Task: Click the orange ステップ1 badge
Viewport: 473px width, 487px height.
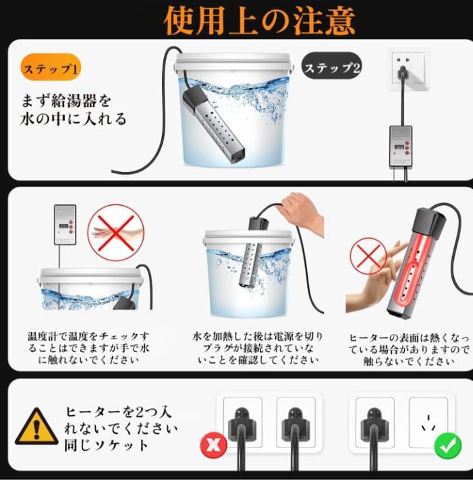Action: tap(51, 67)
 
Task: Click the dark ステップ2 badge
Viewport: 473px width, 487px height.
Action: tap(332, 66)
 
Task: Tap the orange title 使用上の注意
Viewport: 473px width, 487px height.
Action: tap(259, 20)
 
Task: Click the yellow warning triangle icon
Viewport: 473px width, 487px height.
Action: tap(36, 426)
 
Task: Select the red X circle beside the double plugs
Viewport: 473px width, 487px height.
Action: tap(214, 445)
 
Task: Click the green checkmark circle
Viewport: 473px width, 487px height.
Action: tap(448, 445)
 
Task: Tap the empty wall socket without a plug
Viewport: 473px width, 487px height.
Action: tap(428, 422)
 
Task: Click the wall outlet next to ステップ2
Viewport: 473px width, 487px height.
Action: tap(408, 69)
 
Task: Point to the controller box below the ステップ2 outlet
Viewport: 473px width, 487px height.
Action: tap(401, 146)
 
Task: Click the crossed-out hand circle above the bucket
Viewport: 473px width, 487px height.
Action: tap(115, 233)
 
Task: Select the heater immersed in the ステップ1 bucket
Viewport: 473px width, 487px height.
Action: tap(213, 123)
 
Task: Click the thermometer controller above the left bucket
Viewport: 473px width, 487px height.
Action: tap(65, 224)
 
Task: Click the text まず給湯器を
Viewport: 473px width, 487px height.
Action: tap(66, 101)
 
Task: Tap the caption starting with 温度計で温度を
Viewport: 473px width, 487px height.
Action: tap(88, 348)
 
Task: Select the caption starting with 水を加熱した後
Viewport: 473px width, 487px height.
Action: tap(258, 348)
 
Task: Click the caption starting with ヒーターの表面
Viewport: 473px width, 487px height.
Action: tap(409, 349)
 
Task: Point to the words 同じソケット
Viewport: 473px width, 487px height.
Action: tap(107, 445)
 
